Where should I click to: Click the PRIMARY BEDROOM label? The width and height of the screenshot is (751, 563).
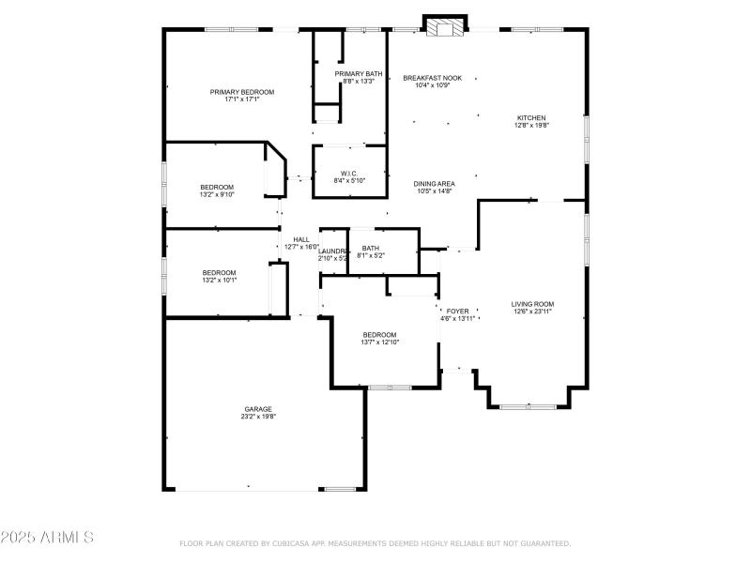pyautogui.click(x=241, y=92)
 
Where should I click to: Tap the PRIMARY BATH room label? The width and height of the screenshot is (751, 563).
pyautogui.click(x=358, y=73)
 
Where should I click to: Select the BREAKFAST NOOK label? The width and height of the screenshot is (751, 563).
pyautogui.click(x=433, y=78)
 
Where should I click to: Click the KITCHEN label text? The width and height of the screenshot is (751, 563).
pyautogui.click(x=530, y=118)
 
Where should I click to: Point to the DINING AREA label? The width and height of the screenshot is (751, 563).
pyautogui.click(x=435, y=183)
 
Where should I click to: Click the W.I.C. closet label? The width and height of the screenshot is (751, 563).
pyautogui.click(x=349, y=173)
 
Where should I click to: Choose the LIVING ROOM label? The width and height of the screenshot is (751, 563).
pyautogui.click(x=532, y=303)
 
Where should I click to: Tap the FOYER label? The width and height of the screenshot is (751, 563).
pyautogui.click(x=457, y=311)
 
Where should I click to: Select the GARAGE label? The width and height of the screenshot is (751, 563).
pyautogui.click(x=258, y=409)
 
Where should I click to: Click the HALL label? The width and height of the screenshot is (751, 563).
pyautogui.click(x=301, y=239)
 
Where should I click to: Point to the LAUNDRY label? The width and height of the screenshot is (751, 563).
pyautogui.click(x=333, y=251)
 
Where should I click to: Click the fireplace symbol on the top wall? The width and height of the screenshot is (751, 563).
pyautogui.click(x=443, y=28)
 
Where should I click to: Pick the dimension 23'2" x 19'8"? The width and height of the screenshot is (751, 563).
pyautogui.click(x=258, y=417)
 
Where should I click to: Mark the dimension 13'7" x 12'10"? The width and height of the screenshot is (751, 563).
pyautogui.click(x=380, y=342)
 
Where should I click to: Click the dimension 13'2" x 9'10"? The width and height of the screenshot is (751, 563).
pyautogui.click(x=218, y=195)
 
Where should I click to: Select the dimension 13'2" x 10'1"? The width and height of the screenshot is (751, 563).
pyautogui.click(x=219, y=280)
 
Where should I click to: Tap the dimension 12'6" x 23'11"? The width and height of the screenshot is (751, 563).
pyautogui.click(x=532, y=311)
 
